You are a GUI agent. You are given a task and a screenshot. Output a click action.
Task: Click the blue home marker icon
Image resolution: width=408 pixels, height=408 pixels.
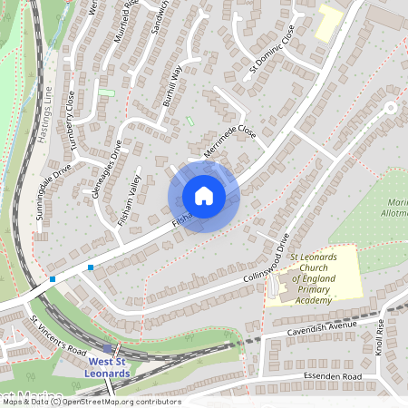point(204,196)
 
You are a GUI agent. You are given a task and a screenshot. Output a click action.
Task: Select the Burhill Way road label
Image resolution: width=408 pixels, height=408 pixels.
point(172,87)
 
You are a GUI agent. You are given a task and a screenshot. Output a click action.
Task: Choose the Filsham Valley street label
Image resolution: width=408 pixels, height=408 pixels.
point(136,197)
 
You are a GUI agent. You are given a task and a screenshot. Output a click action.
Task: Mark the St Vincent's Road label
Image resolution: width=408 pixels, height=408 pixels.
point(59,336)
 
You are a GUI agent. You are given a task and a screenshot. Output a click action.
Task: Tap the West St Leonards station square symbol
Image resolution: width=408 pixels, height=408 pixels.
point(108,348)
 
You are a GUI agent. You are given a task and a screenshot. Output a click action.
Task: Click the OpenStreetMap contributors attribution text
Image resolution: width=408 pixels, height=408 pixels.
point(118,401)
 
